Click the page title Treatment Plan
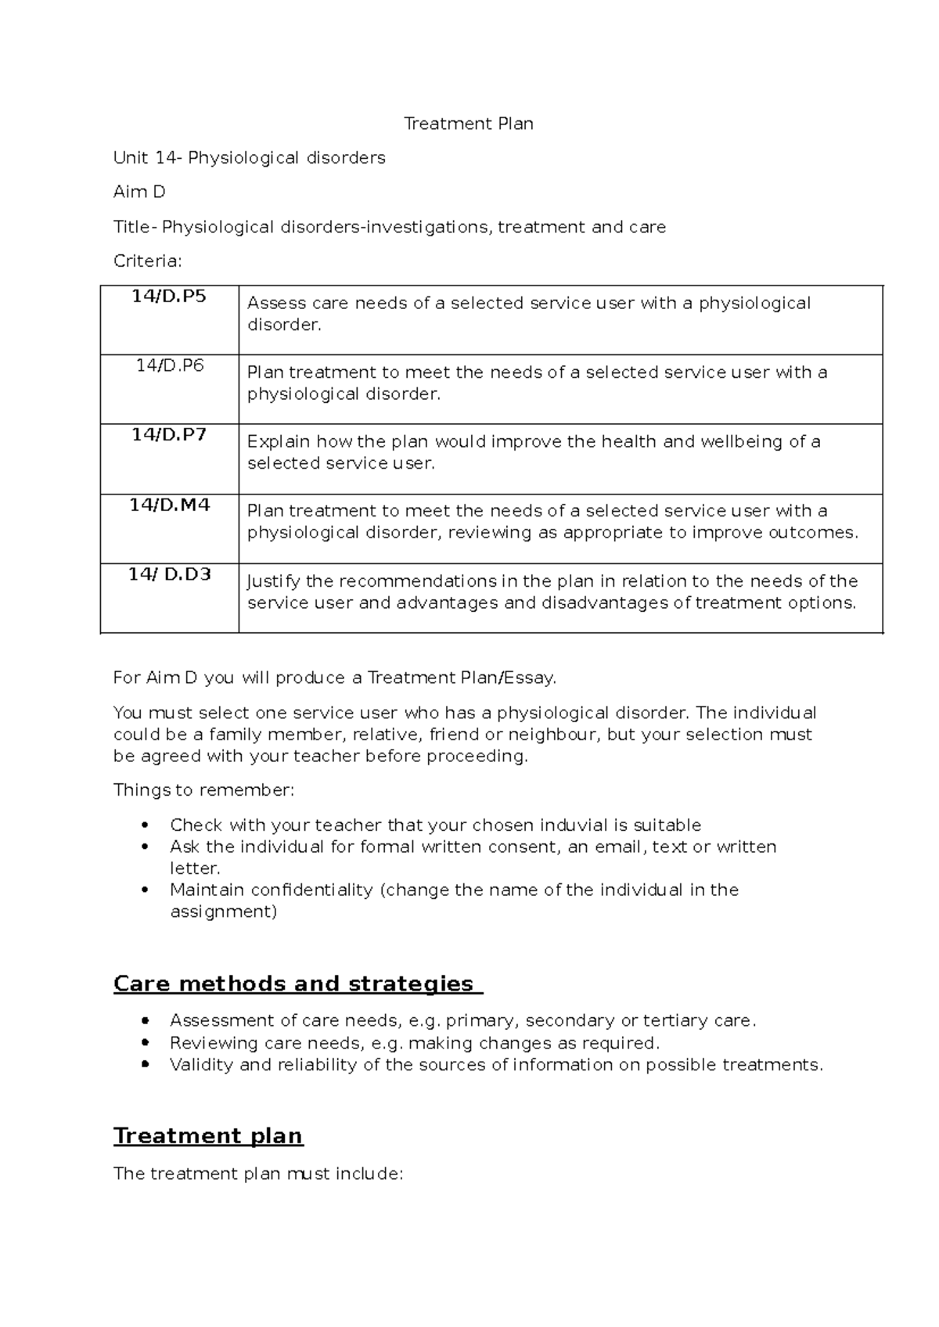468,124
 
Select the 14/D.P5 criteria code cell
169,297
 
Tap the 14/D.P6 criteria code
169,365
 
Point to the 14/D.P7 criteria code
169,435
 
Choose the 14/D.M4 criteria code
169,505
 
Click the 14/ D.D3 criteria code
169,574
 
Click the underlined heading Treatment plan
208,1135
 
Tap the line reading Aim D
139,192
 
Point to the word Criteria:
147,261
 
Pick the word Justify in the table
272,581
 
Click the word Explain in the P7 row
279,442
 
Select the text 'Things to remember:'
204,789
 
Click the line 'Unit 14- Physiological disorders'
250,158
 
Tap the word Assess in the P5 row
276,304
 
